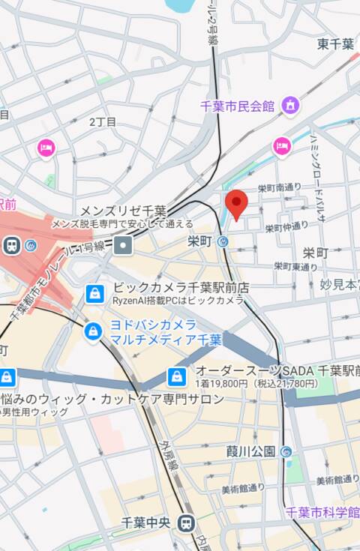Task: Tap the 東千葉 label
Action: coord(334,44)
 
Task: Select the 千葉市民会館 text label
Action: coord(238,106)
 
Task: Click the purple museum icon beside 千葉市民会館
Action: coord(289,106)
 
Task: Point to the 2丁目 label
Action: coord(103,121)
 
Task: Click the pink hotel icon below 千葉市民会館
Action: coord(281,145)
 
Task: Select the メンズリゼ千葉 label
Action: coord(122,211)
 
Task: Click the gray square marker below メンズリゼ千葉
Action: coord(122,245)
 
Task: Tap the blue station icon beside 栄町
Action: coord(223,241)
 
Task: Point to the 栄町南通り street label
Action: coord(279,187)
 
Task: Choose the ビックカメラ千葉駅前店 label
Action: coord(180,287)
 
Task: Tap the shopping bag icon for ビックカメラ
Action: coord(94,293)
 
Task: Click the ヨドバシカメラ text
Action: coord(153,325)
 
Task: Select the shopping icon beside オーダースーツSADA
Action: coord(177,376)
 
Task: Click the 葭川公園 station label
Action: coord(250,451)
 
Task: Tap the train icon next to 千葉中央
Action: coord(187,524)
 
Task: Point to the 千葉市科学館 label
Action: coord(322,512)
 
